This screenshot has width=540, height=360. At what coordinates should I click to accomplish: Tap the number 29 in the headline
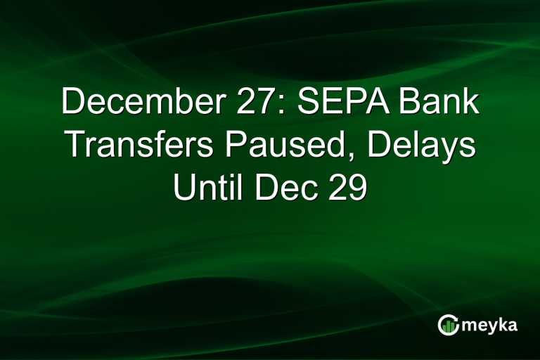coord(344,189)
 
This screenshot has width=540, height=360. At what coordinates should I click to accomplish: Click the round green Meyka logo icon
coord(449,324)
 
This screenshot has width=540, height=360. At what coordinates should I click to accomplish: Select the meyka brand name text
coord(489,325)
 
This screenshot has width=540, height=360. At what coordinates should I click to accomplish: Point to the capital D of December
coord(72,103)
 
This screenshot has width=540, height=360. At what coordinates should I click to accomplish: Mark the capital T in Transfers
coord(74,146)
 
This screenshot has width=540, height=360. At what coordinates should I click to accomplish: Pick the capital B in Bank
coord(410,103)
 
